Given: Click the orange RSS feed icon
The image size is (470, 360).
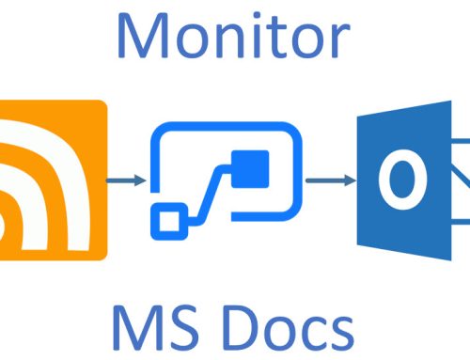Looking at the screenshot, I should click(x=53, y=179).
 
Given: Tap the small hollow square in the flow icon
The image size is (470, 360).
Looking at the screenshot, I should click(x=171, y=221).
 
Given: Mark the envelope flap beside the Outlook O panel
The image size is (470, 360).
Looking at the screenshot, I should click(x=461, y=179).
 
